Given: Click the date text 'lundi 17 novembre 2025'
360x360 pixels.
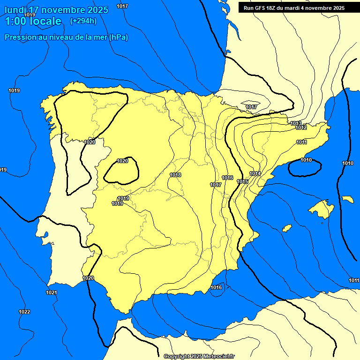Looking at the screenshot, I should pos(56,10).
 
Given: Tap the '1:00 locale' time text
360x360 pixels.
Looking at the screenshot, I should pos(33,21).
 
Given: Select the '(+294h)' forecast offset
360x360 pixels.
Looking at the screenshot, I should pos(83,21).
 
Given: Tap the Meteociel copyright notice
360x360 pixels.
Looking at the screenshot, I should pos(199,356).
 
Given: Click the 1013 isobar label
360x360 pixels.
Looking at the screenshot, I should pos(295,123).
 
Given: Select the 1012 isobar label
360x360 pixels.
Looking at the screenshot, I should pos(301,128).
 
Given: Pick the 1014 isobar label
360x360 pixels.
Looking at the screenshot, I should pos(255,174).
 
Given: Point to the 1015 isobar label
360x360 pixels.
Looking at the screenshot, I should pos(242,181).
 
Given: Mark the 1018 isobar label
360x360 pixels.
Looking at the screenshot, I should pos(175,175).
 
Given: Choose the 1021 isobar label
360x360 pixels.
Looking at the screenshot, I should pos(52,293).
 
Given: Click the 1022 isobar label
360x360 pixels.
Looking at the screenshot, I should pos(24,312).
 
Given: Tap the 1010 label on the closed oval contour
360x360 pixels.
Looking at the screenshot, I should pos(306,160).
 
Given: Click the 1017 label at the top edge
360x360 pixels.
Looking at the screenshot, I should pos(122,6).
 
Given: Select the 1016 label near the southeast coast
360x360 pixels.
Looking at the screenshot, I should pos(216,287).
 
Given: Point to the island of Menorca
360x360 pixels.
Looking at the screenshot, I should pos(347,199).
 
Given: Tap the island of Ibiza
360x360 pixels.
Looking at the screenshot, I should pos(286,228).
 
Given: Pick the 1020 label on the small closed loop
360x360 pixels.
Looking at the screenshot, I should pos(122,161).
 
